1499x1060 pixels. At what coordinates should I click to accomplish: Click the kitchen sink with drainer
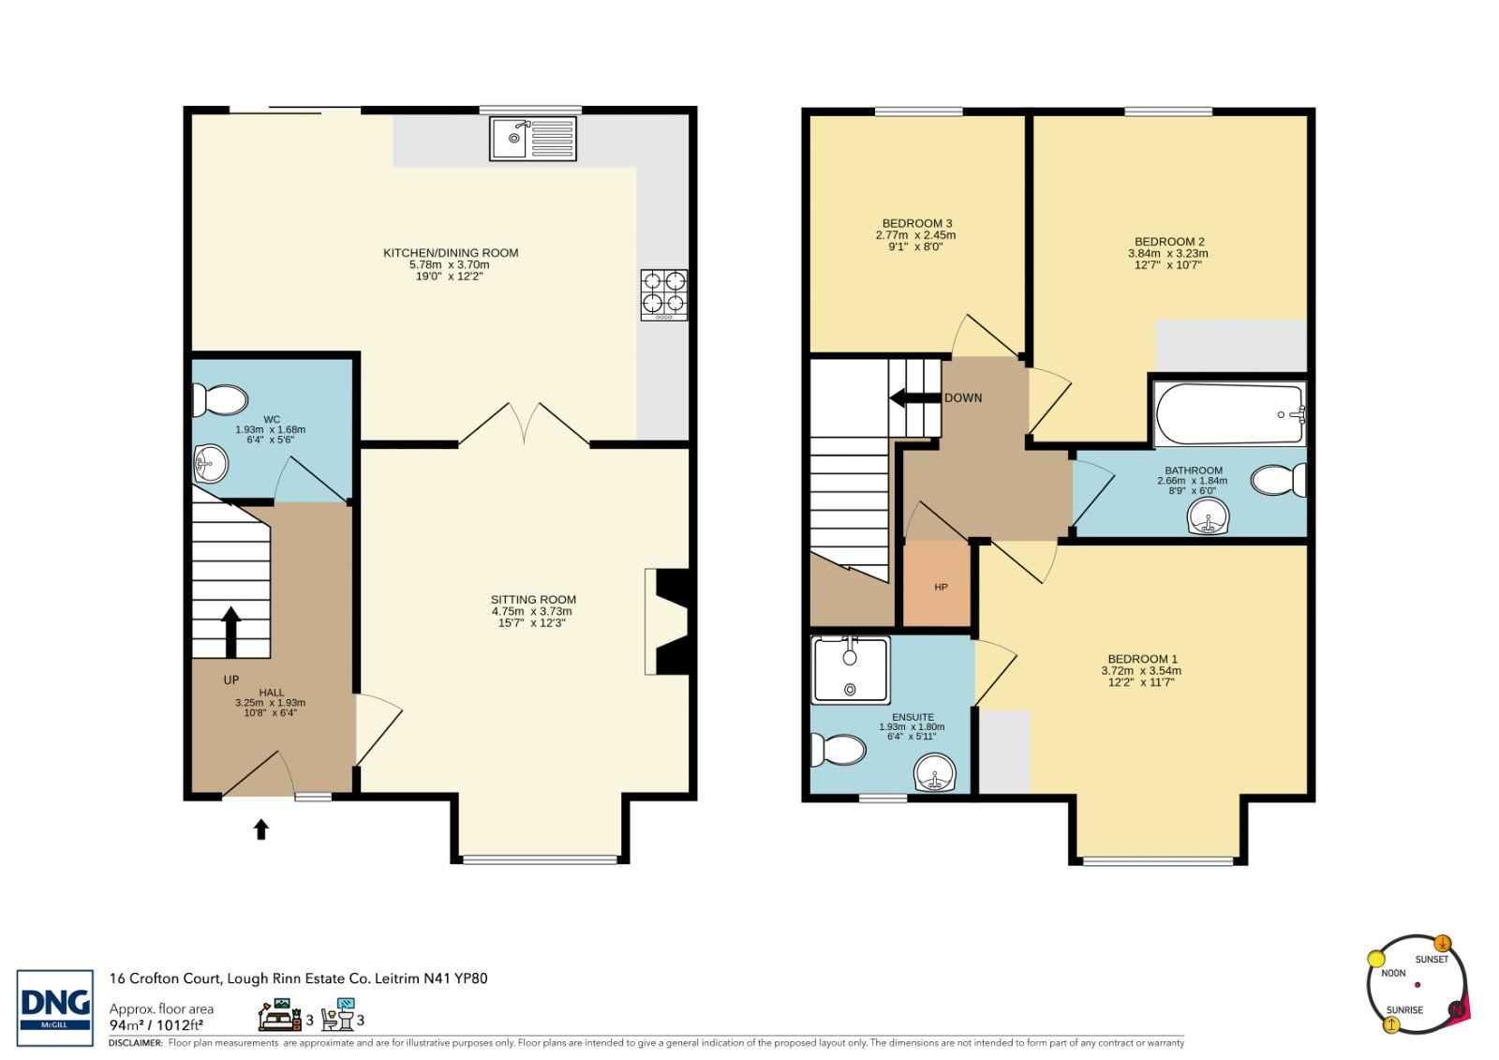pyautogui.click(x=533, y=139)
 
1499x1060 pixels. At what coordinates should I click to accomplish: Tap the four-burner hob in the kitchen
pyautogui.click(x=664, y=294)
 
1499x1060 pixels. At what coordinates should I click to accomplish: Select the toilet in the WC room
pyautogui.click(x=219, y=400)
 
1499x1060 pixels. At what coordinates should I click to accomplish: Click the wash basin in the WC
pyautogui.click(x=211, y=463)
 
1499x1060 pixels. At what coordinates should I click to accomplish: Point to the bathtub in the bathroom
pyautogui.click(x=1230, y=414)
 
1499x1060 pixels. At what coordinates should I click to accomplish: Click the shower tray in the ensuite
pyautogui.click(x=851, y=669)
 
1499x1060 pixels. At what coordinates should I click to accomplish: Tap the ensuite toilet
pyautogui.click(x=838, y=750)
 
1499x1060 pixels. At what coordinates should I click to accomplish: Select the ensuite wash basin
pyautogui.click(x=936, y=772)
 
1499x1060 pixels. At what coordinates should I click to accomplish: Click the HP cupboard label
pyautogui.click(x=941, y=588)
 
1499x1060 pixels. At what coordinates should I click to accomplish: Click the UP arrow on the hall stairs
pyautogui.click(x=230, y=632)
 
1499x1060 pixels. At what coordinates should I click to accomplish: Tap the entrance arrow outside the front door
pyautogui.click(x=261, y=829)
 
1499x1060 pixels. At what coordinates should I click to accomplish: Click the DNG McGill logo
pyautogui.click(x=55, y=1008)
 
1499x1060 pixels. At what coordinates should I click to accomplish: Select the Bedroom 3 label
pyautogui.click(x=917, y=224)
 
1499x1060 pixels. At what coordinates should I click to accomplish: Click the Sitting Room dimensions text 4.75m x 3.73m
pyautogui.click(x=532, y=611)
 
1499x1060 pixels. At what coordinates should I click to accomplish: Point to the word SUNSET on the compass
pyautogui.click(x=1432, y=960)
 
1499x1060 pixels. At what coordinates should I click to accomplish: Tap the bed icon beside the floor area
pyautogui.click(x=280, y=1015)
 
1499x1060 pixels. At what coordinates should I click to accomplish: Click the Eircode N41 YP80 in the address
pyautogui.click(x=455, y=978)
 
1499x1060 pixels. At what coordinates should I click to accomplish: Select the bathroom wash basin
pyautogui.click(x=1208, y=518)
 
